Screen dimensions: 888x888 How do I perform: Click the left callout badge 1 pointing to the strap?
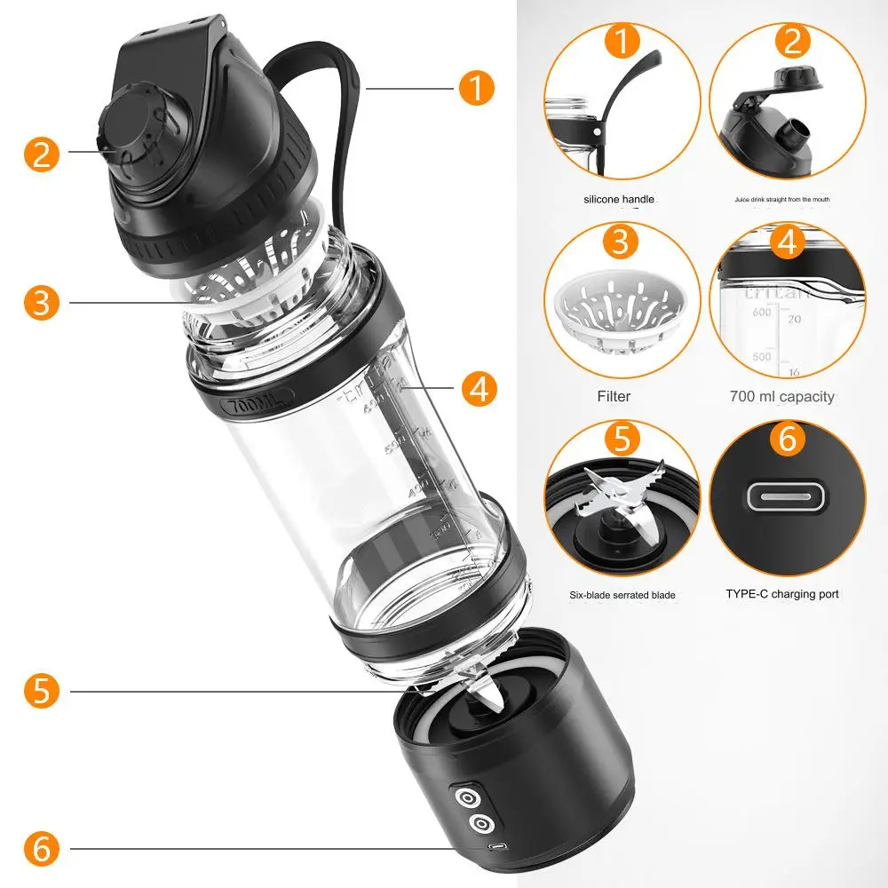(x=477, y=87)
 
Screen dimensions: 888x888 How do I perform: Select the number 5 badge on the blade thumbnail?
(x=622, y=439)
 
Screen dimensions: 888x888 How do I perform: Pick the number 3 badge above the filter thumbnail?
(x=622, y=242)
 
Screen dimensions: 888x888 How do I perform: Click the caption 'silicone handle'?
(x=619, y=200)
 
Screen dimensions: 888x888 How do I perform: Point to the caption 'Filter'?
(x=614, y=396)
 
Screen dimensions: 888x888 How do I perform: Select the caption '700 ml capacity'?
(x=781, y=396)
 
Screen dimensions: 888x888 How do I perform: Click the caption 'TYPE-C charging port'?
(x=781, y=593)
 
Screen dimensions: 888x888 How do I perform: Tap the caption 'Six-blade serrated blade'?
(x=622, y=594)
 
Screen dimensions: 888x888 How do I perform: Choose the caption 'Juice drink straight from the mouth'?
(x=781, y=200)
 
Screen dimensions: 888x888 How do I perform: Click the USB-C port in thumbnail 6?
(x=787, y=497)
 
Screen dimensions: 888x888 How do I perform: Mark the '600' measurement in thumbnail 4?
(x=761, y=313)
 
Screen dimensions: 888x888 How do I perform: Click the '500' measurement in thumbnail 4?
(x=761, y=356)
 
